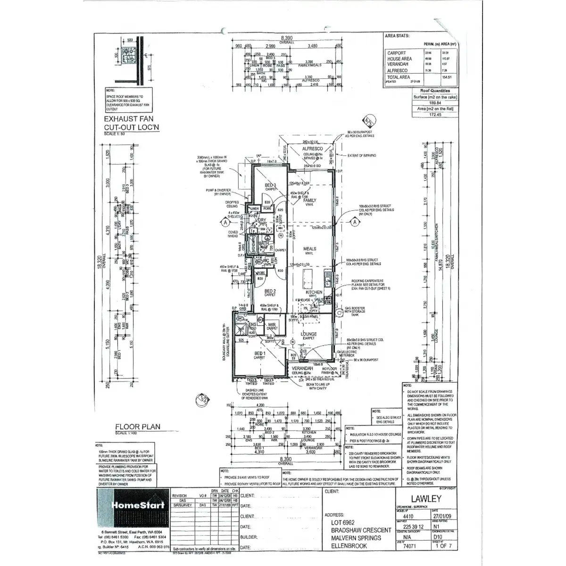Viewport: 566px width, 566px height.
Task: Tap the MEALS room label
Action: point(309,249)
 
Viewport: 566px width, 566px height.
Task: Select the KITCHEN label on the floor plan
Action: point(314,292)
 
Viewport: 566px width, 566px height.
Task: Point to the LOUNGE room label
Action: point(309,334)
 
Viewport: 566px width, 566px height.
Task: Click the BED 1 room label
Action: point(259,354)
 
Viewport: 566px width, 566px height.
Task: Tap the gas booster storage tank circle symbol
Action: point(338,312)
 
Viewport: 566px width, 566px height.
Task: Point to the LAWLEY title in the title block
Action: point(426,499)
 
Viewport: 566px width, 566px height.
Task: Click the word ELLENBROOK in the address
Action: point(349,546)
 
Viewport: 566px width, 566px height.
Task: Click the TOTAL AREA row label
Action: point(399,77)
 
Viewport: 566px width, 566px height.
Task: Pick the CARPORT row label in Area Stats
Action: point(396,53)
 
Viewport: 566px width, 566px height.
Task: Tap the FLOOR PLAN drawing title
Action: point(138,427)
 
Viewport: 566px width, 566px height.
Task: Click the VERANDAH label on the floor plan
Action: point(303,368)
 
